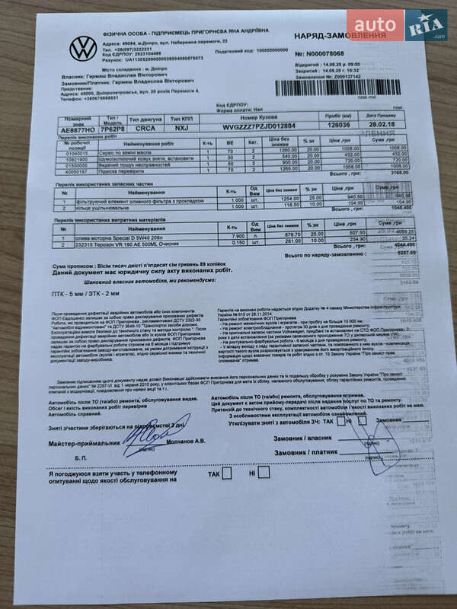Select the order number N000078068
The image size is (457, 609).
click(x=325, y=54)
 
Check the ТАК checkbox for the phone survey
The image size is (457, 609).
click(x=226, y=473)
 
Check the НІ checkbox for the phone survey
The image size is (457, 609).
click(x=264, y=472)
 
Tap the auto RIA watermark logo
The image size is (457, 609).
click(x=396, y=24)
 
